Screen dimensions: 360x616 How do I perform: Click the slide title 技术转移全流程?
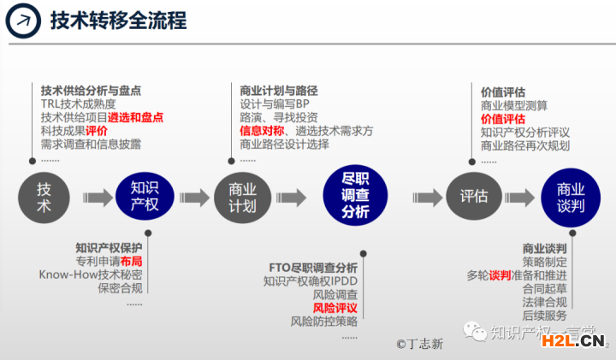point(118,21)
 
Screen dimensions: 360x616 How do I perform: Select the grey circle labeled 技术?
point(43,198)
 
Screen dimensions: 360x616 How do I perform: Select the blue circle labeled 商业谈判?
point(570,198)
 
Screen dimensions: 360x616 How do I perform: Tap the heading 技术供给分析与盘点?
point(91,90)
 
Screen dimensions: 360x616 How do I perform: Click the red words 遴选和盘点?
point(135,117)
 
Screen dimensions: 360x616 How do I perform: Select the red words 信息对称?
point(261,131)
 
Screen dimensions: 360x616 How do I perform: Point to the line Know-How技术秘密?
point(91,274)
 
